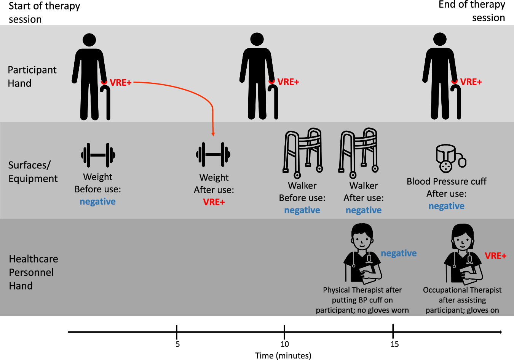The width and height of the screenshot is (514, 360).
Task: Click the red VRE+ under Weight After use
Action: click(214, 202)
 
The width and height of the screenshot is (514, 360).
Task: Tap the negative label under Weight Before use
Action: click(97, 202)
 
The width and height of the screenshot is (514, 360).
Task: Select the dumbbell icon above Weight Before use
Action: click(98, 155)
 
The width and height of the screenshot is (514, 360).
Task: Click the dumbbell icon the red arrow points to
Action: click(213, 155)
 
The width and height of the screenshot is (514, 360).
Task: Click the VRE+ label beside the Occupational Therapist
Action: click(495, 256)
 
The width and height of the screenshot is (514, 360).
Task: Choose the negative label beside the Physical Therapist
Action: click(399, 253)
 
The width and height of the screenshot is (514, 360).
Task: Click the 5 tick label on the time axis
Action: click(177, 344)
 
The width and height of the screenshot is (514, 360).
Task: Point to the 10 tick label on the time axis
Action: click(285, 344)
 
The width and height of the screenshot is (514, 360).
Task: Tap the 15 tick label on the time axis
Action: click(394, 344)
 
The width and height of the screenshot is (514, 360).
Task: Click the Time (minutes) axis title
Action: click(283, 355)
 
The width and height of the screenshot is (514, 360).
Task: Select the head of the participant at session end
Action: click(440, 40)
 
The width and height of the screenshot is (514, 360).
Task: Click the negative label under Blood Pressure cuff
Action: click(446, 206)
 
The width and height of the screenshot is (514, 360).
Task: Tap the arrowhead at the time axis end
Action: click(500, 332)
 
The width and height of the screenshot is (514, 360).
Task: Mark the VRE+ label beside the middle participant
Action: click(288, 82)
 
